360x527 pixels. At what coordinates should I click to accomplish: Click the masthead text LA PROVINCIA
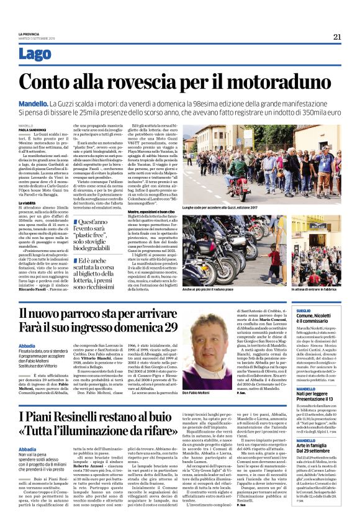click(30, 34)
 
